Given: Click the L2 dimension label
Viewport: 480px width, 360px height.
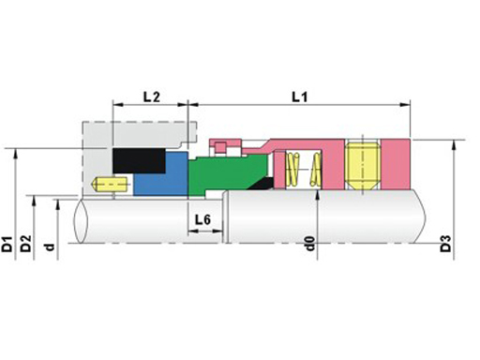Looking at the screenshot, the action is [152, 97].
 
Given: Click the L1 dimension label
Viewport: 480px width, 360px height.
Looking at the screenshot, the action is [300, 97].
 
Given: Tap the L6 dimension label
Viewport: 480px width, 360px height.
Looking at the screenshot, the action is [202, 220].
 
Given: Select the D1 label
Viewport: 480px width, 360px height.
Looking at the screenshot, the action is [7, 245].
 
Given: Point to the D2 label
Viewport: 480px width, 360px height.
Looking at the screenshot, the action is [26, 244].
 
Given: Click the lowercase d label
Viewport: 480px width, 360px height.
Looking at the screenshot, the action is [50, 247].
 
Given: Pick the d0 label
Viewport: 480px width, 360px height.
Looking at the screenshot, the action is [309, 244].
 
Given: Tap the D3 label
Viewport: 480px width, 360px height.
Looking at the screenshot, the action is [445, 244].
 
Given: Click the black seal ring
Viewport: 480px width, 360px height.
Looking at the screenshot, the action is [139, 160].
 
